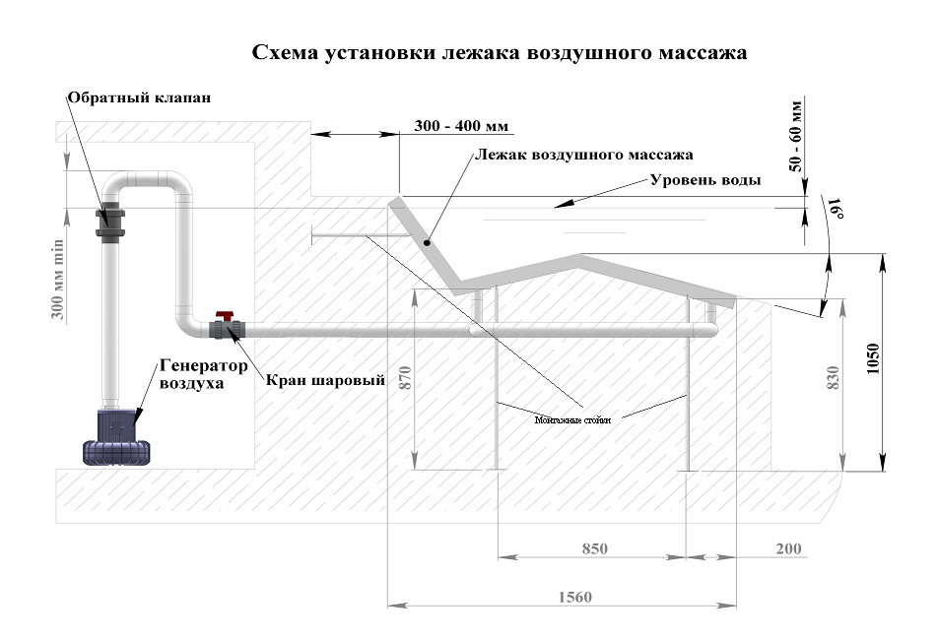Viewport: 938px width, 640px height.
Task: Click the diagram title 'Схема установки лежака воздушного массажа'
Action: point(500,52)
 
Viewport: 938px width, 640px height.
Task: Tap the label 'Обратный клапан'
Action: point(140,98)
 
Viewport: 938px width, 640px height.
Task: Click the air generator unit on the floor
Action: point(119,436)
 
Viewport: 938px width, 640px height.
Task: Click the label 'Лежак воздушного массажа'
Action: point(584,155)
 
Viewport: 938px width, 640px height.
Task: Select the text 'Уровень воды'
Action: point(705,180)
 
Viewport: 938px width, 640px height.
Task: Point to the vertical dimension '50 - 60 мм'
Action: point(796,135)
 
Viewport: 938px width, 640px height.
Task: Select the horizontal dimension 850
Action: point(594,547)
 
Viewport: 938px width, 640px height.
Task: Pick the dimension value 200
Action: point(788,547)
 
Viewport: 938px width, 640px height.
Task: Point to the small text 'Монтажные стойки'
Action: point(573,419)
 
